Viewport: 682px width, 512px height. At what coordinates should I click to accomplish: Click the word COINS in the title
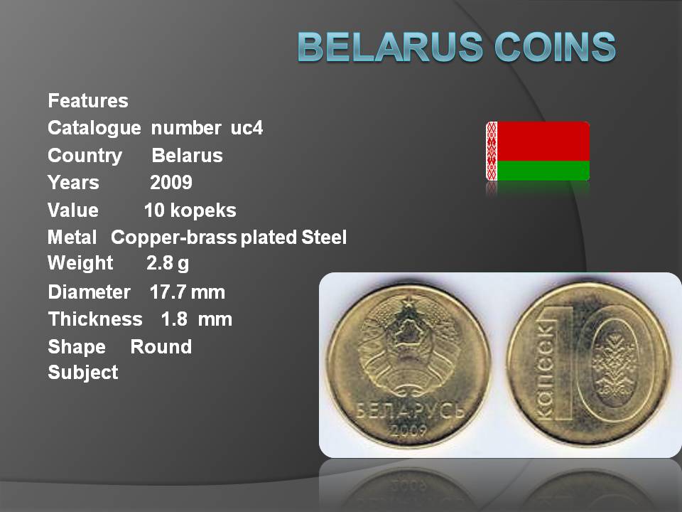pos(555,46)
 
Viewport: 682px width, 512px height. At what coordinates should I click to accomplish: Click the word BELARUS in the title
pos(390,46)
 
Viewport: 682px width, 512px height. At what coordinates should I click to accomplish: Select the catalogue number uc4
pos(247,128)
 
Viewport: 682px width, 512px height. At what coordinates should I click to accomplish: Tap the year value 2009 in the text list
pos(171,183)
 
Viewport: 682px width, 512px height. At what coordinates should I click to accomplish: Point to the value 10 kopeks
pos(190,210)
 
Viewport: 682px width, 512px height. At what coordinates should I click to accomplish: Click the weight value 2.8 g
pos(168,263)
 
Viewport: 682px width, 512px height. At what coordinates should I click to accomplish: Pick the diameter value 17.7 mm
pos(187,292)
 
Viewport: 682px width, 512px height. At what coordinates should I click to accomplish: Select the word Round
pos(161,347)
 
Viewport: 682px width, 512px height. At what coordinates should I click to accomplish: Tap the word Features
pos(88,100)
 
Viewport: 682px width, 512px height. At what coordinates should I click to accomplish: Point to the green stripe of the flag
pos(543,171)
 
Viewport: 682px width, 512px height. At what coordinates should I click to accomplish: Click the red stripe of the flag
pos(543,141)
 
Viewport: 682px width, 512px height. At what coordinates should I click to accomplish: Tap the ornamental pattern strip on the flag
pos(492,151)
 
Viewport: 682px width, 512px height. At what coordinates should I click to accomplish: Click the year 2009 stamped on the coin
pos(408,430)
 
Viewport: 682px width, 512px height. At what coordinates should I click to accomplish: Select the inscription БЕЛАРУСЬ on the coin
pos(410,410)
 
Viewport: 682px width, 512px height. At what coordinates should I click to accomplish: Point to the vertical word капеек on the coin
pos(546,370)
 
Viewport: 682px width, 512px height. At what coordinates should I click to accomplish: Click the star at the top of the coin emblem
pos(408,302)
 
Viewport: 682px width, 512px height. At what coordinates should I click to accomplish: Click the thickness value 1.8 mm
pos(196,319)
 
